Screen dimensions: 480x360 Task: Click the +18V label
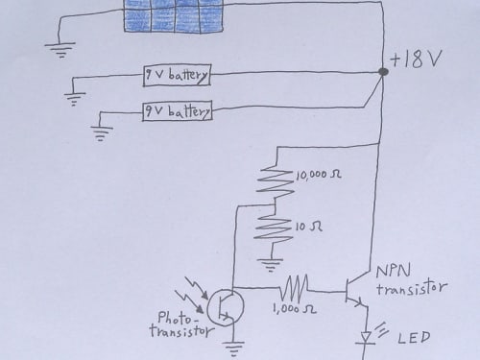pyautogui.click(x=417, y=59)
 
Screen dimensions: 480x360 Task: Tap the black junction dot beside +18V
pyautogui.click(x=383, y=72)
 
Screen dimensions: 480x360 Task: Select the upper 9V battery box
pyautogui.click(x=177, y=76)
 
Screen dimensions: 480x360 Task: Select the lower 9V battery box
pyautogui.click(x=178, y=111)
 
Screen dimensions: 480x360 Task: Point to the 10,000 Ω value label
pyautogui.click(x=319, y=175)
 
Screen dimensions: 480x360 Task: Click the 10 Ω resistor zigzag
pyautogui.click(x=274, y=228)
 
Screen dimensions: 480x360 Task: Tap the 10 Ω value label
pyautogui.click(x=308, y=227)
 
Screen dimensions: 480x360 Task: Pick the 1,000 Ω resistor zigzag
pyautogui.click(x=295, y=287)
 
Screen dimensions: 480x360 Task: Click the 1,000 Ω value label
pyautogui.click(x=295, y=309)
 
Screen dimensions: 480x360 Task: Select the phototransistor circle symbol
pyautogui.click(x=226, y=308)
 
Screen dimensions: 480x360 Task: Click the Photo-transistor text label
pyautogui.click(x=181, y=324)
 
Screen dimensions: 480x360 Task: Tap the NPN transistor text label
pyautogui.click(x=411, y=279)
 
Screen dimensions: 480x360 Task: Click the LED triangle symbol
pyautogui.click(x=366, y=338)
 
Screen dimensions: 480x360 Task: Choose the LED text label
pyautogui.click(x=414, y=338)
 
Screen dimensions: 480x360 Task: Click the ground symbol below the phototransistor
pyautogui.click(x=233, y=348)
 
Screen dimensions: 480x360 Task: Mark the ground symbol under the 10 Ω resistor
pyautogui.click(x=272, y=265)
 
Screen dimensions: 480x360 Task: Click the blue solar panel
pyautogui.click(x=173, y=16)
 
